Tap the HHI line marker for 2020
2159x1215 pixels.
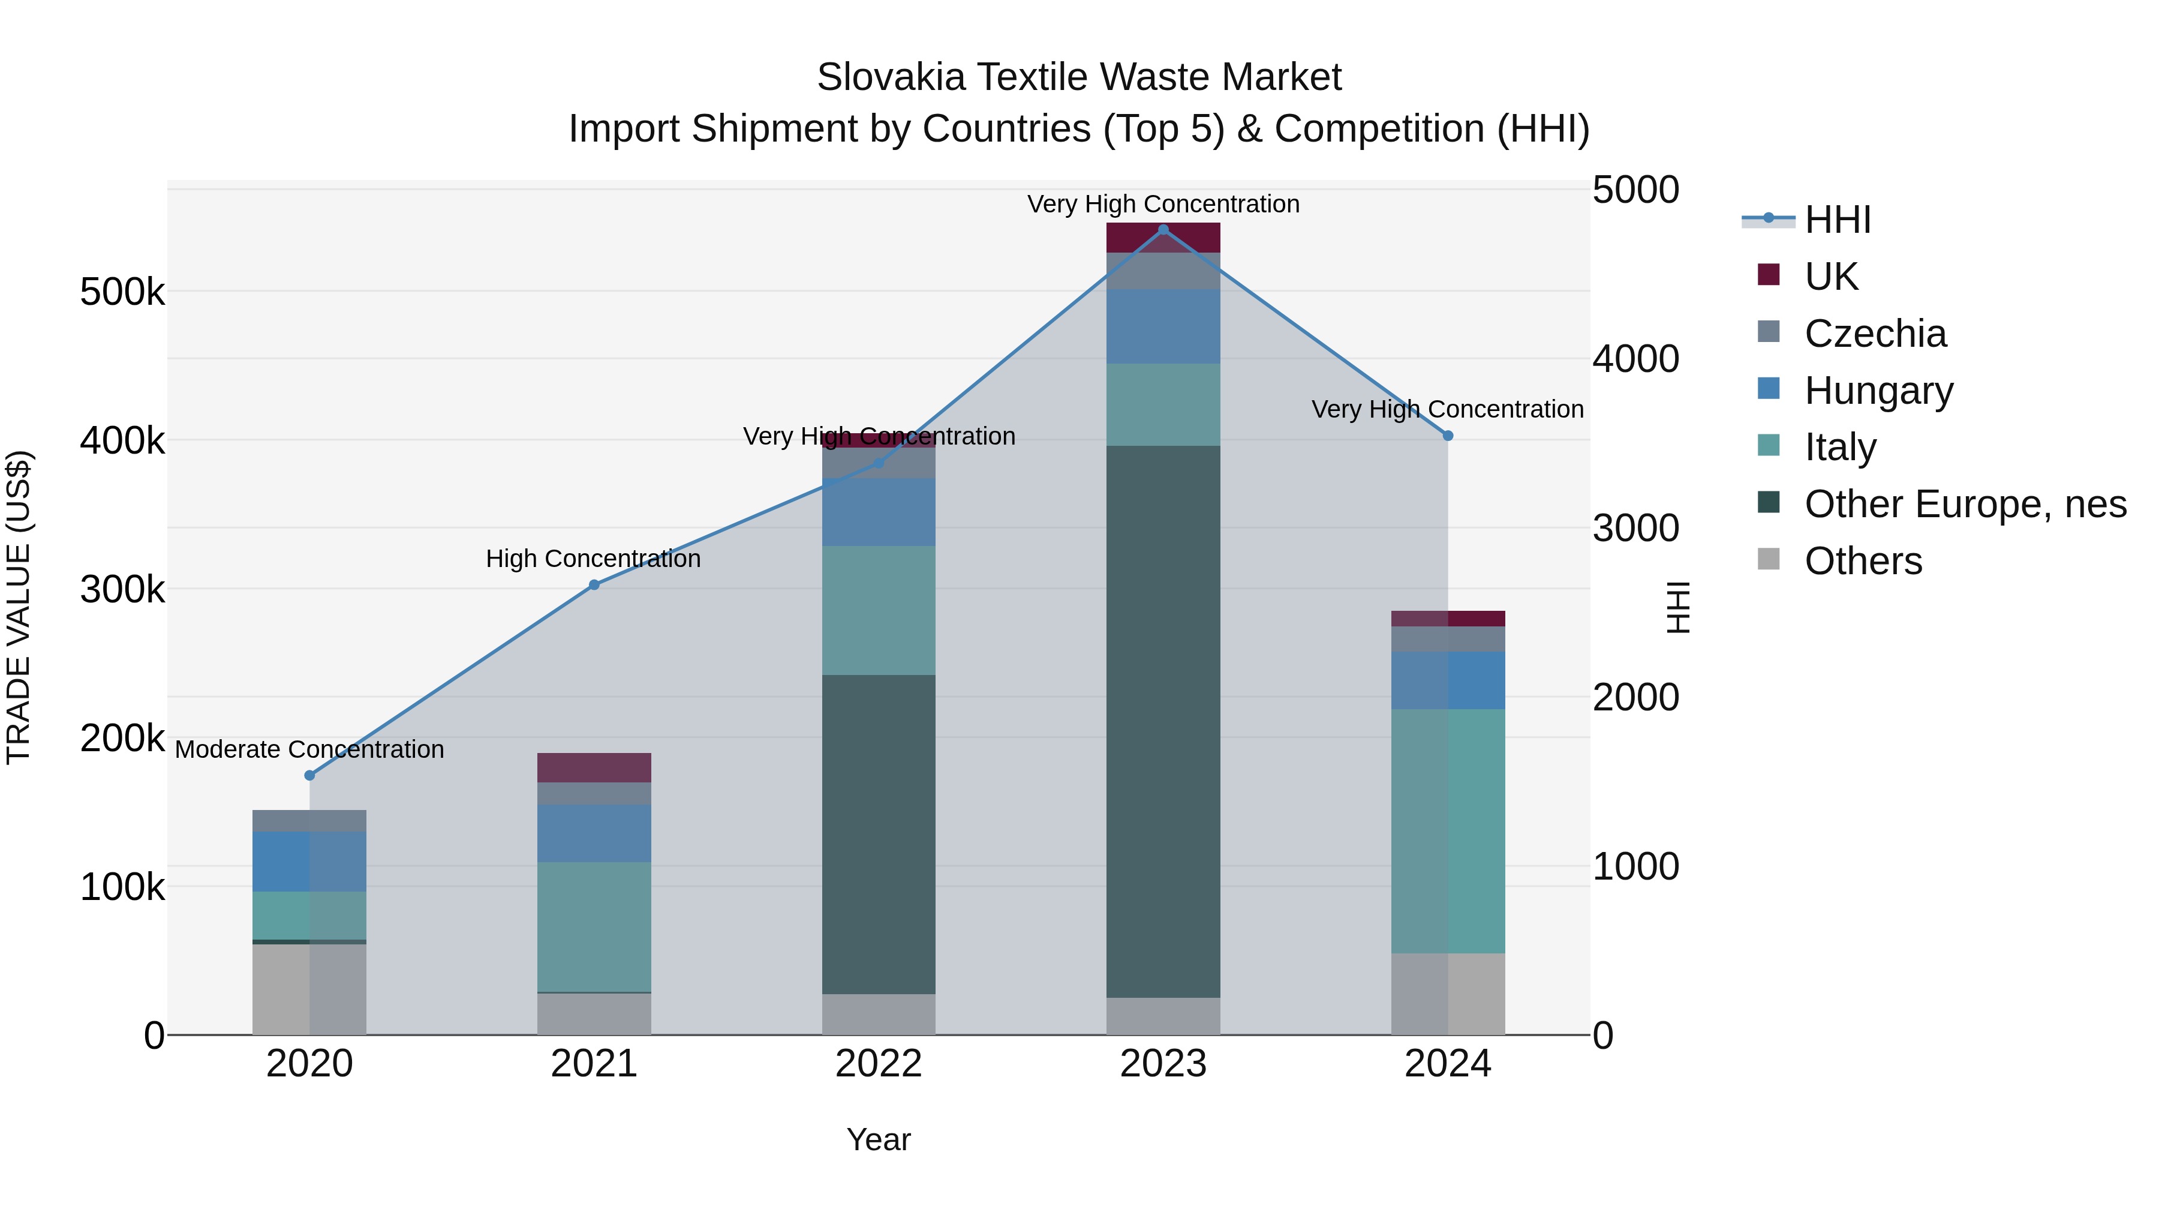click(x=309, y=776)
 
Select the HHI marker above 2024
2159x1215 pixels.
click(x=1448, y=436)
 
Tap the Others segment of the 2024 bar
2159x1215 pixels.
click(x=1448, y=994)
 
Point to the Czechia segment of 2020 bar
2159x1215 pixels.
click(x=309, y=821)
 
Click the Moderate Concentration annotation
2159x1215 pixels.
click(x=309, y=749)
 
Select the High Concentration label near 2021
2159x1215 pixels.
click(x=593, y=559)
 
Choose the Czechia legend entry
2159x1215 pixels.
click(x=1875, y=334)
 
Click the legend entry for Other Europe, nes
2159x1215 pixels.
click(x=1965, y=505)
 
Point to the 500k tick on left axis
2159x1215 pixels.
click(x=122, y=293)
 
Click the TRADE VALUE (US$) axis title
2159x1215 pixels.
click(x=19, y=607)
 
